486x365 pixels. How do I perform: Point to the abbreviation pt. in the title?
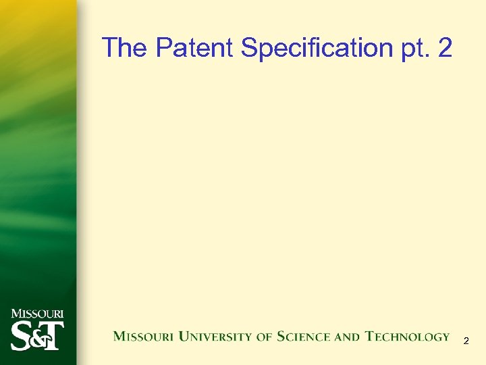click(x=413, y=49)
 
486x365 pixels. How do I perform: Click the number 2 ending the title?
click(x=444, y=48)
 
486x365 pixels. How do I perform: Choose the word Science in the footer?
click(x=304, y=337)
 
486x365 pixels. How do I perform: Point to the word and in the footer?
click(x=348, y=337)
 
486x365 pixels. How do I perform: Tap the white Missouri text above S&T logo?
click(x=37, y=314)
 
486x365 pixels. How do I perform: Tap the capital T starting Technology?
click(x=371, y=336)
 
